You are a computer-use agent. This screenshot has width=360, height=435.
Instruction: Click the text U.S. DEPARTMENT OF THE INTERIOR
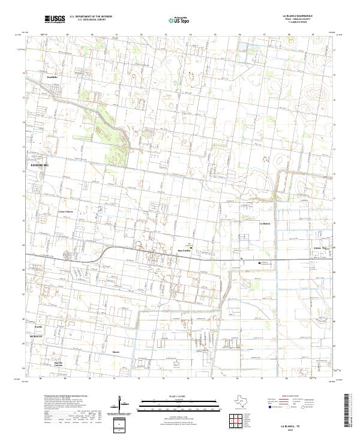pos(91,17)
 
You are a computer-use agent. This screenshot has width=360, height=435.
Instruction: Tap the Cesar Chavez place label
pos(65,212)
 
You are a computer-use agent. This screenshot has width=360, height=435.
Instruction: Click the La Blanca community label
pos(265,224)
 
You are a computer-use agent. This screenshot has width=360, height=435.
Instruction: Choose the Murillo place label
pos(40,327)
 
